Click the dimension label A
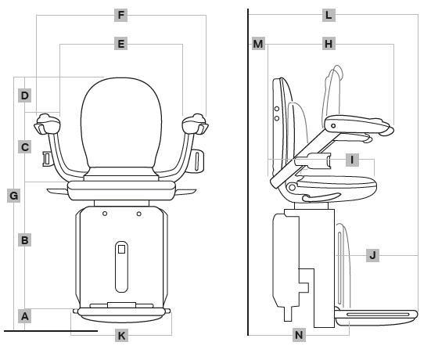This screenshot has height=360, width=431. point(25,316)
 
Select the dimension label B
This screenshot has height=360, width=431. point(25,240)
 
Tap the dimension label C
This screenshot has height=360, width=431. point(25,146)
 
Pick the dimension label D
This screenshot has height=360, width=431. point(25,95)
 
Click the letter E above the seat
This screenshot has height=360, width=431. point(120,45)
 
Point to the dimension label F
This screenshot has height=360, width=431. point(120,15)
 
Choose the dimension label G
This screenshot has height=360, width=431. point(13,195)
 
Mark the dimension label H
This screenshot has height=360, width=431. point(329,45)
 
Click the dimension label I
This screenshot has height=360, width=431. point(352,160)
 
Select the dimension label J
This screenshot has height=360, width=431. point(372,254)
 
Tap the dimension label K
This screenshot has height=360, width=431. point(120,336)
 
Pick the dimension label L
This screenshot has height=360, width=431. point(329,15)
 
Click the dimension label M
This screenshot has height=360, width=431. point(258,45)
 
